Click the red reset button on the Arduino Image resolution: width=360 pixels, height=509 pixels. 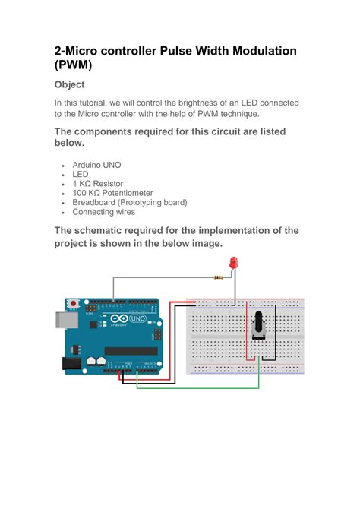point(73,305)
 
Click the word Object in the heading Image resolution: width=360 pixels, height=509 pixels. point(69,84)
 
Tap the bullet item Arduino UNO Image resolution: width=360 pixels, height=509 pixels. point(96,164)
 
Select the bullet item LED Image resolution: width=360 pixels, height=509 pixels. point(81,174)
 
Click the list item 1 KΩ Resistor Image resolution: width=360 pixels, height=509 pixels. point(97,184)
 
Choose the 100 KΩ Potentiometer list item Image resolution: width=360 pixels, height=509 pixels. point(112,193)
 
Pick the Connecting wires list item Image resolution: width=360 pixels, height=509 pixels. point(103,212)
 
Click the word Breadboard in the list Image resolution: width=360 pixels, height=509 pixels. point(96,203)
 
